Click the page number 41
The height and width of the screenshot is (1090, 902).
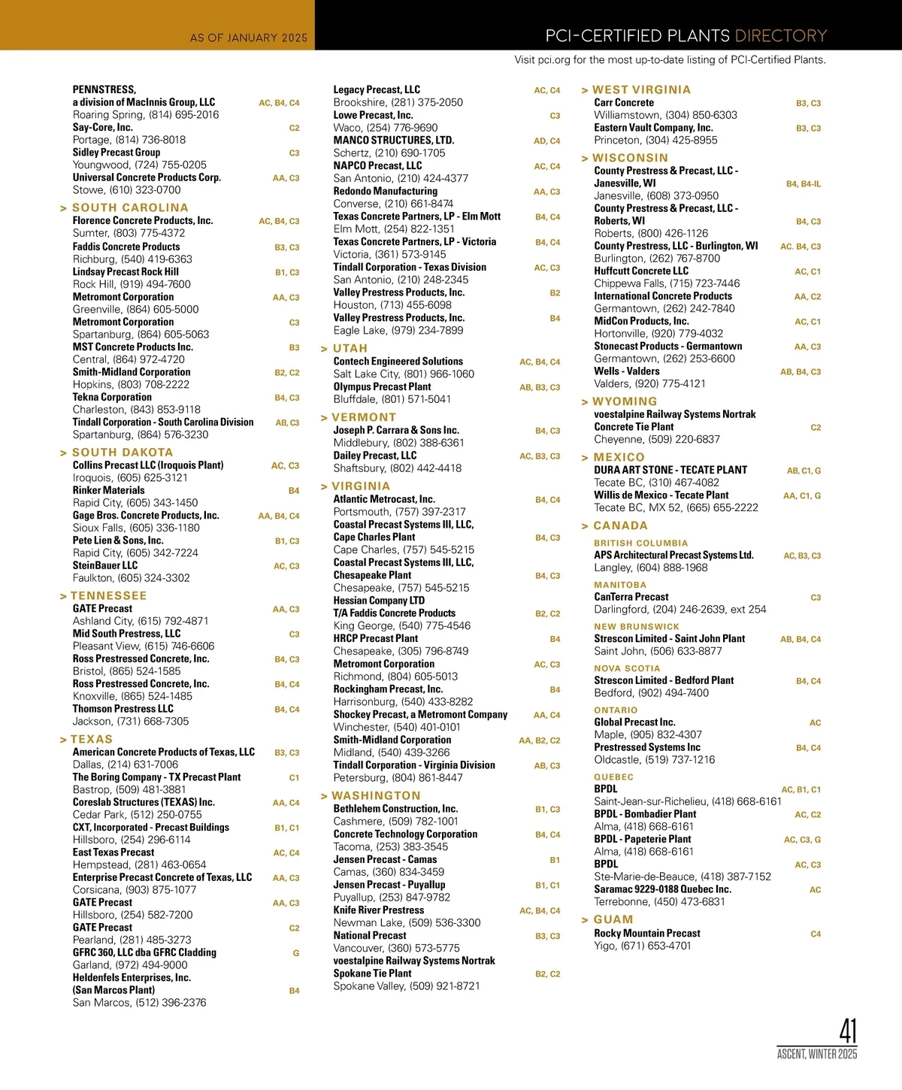847,1031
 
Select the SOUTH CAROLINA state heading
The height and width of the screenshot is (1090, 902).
130,207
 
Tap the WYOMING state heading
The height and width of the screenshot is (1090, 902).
625,401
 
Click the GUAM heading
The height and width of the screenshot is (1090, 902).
613,919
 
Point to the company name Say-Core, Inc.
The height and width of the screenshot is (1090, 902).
102,127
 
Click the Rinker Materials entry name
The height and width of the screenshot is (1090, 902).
108,490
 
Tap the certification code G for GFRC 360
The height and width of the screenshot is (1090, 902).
296,953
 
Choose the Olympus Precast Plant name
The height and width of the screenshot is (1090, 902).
382,386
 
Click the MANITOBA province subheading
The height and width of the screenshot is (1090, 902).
620,585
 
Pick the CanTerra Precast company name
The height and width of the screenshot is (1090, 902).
631,597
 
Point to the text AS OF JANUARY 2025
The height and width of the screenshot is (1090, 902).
248,38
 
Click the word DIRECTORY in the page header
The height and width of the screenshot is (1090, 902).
780,36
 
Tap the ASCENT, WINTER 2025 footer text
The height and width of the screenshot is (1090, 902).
816,1054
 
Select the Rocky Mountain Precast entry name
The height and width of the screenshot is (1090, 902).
646,933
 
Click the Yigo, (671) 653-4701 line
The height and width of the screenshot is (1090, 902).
642,946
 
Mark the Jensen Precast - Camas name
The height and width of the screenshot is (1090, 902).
385,859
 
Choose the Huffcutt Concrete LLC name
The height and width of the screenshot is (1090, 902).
641,271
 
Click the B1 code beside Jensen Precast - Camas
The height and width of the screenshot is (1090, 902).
555,860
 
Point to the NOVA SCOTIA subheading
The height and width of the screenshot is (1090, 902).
627,668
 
